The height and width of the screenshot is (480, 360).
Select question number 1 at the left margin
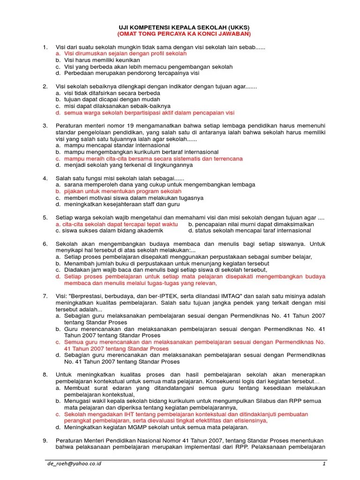point(45,47)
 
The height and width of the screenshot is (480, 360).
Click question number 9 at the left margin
point(45,440)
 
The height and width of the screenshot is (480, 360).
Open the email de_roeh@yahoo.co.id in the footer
point(74,464)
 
